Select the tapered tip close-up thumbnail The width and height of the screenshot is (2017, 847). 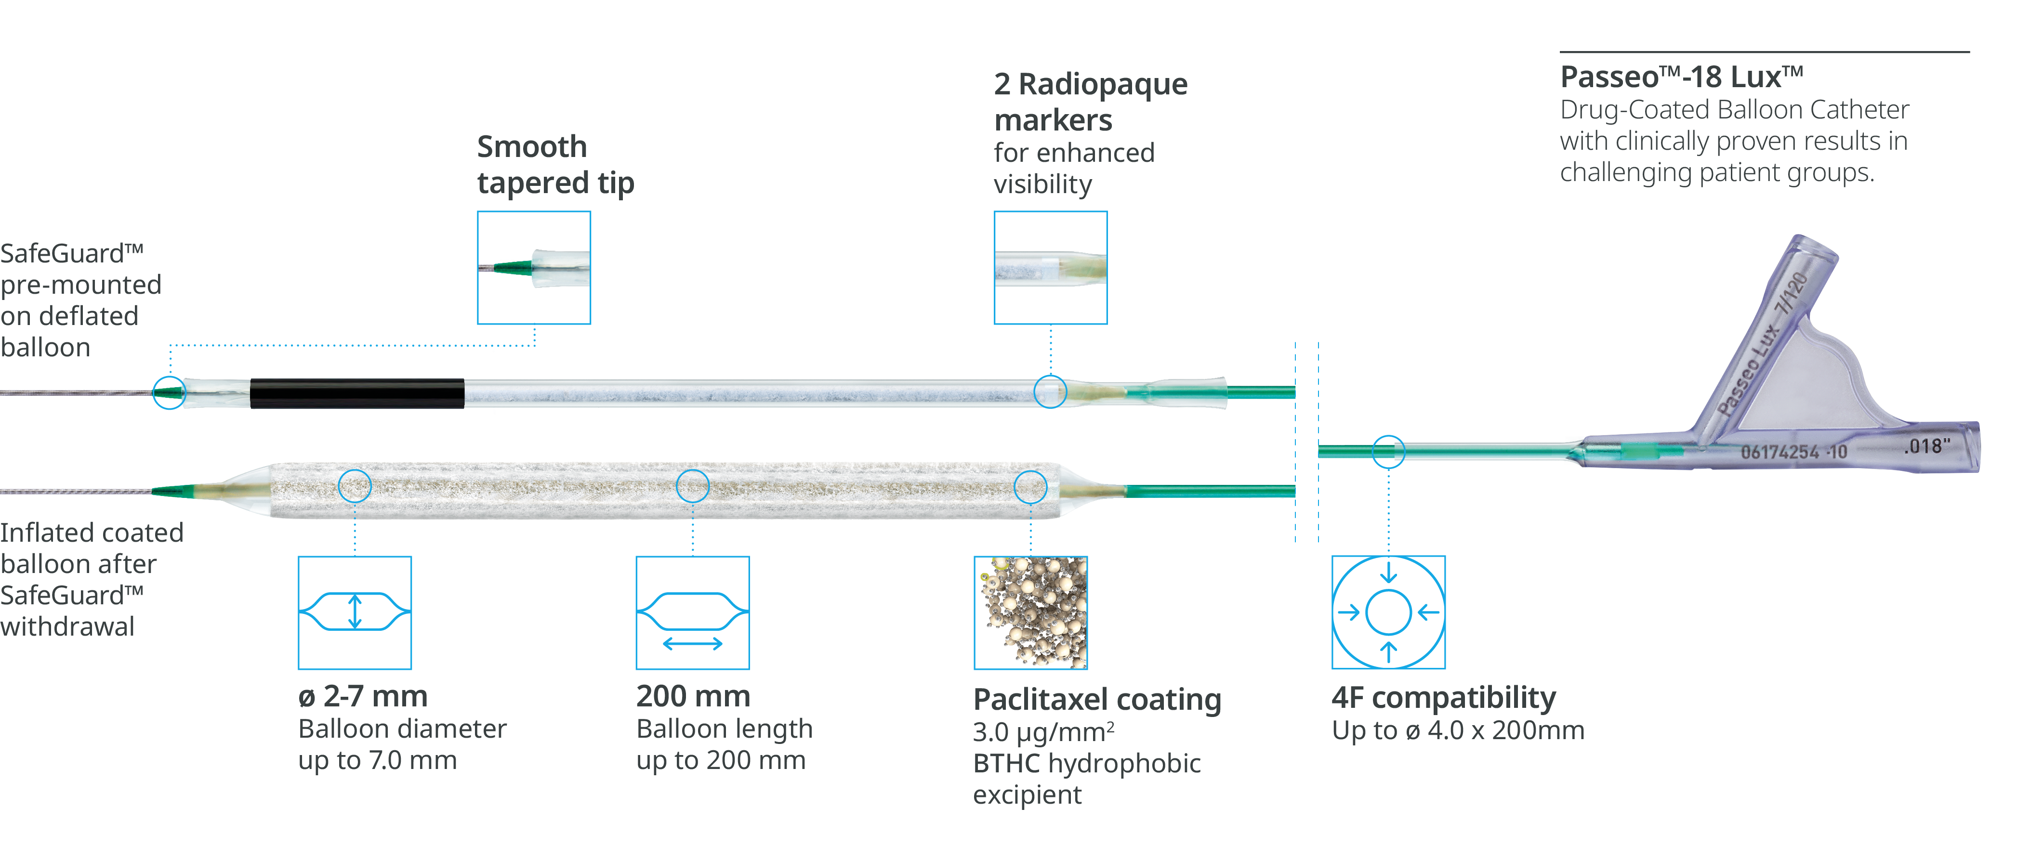click(534, 268)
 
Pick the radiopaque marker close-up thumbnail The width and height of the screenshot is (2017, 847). click(1050, 268)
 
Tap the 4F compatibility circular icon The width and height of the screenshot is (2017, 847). click(1388, 612)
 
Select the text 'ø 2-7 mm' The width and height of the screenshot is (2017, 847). click(363, 696)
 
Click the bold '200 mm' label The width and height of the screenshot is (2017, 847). click(692, 696)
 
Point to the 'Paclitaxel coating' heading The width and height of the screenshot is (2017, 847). click(1096, 699)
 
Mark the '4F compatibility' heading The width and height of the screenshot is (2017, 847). click(1443, 697)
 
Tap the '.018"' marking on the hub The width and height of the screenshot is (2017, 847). click(1926, 446)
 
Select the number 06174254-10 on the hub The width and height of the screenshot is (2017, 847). click(1793, 452)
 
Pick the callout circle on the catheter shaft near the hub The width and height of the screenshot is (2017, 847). click(1388, 452)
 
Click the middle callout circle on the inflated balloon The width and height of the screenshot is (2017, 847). click(692, 486)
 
